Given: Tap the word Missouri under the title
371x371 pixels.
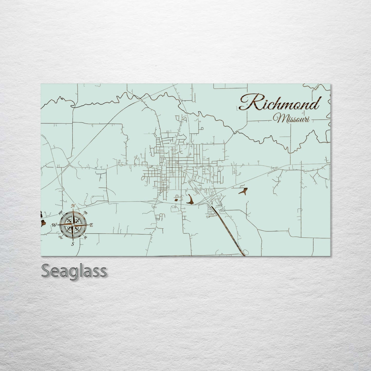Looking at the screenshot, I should [x=292, y=119].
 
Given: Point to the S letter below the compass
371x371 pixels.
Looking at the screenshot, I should [x=73, y=244].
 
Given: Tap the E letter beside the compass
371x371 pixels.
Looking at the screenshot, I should [x=92, y=225].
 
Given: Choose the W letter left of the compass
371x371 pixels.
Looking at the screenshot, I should [x=54, y=225].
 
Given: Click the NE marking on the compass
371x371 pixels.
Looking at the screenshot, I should [x=86, y=213].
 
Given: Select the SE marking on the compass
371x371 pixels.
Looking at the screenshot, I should [x=86, y=237].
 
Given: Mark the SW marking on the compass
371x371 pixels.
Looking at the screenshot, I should [x=61, y=237].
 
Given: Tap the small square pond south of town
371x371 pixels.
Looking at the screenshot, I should [x=176, y=199].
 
